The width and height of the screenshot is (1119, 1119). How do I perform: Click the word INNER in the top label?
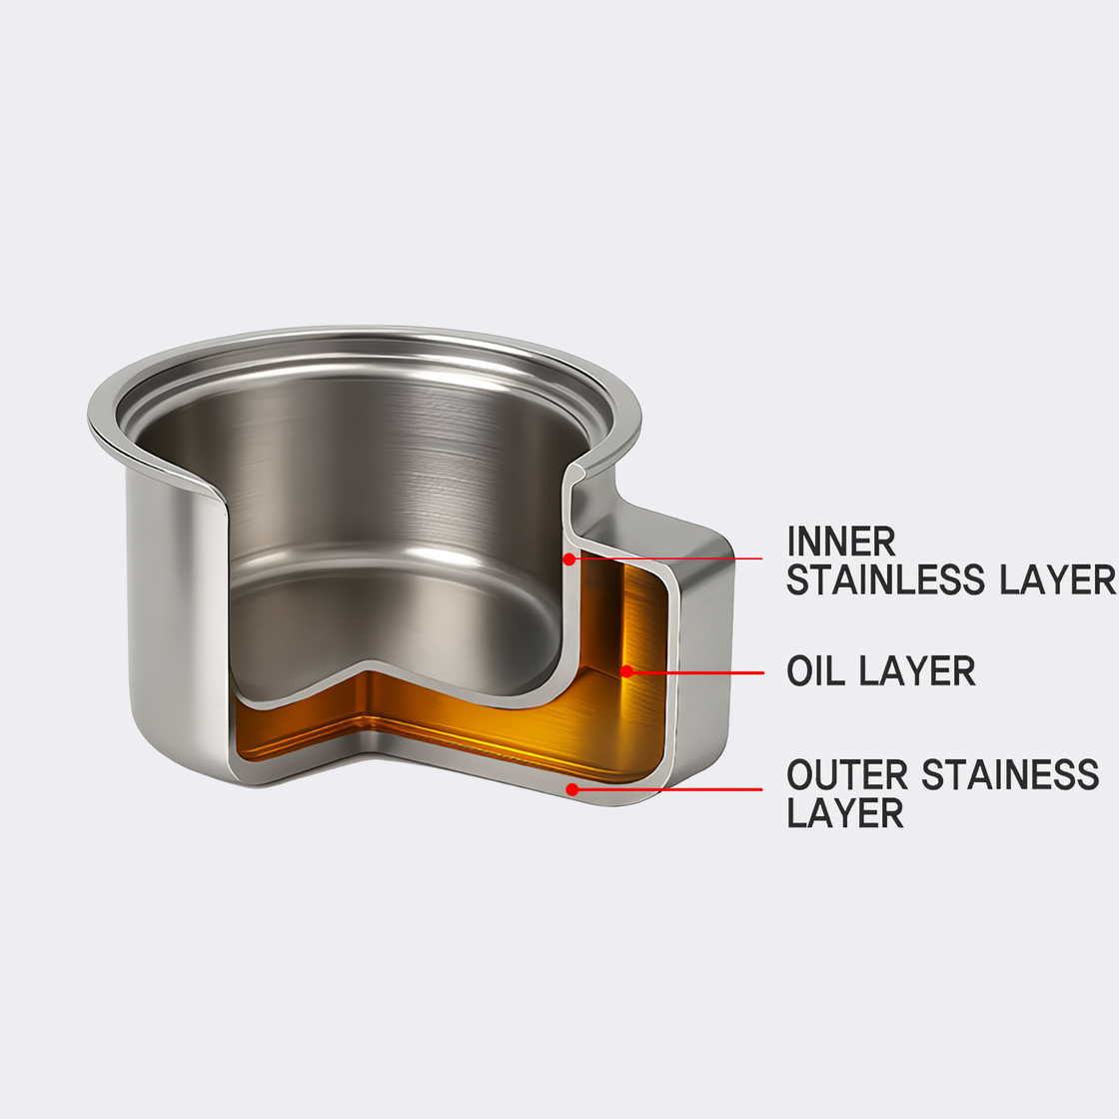coord(841,542)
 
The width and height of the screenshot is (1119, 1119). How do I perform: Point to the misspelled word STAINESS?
coord(1010,775)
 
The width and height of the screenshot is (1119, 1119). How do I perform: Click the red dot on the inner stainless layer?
coord(568,559)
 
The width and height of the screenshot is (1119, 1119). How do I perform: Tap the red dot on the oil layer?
coord(626,671)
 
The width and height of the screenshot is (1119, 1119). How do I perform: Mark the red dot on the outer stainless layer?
coord(572,788)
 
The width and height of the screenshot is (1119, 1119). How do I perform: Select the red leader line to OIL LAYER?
coord(699,671)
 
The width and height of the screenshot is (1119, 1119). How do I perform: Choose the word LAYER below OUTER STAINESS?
coord(845,813)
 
